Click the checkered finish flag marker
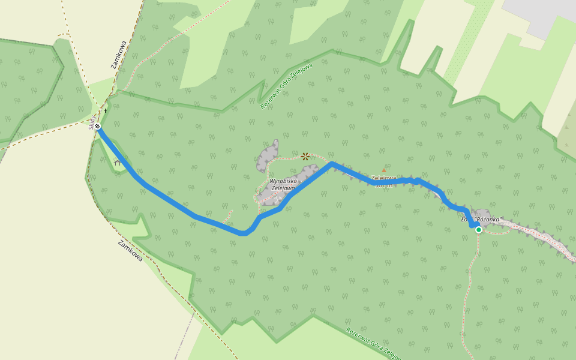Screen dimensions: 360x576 tap(97, 126)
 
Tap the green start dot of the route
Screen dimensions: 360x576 tap(479, 230)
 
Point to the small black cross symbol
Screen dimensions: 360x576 tap(106, 110)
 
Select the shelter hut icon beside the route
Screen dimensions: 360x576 tap(117, 162)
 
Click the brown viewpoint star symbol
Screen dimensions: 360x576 tap(305, 157)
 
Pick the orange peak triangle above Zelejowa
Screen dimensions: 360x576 tap(384, 170)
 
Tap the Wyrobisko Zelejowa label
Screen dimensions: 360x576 tap(282, 185)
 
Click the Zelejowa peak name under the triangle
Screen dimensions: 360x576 tap(383, 178)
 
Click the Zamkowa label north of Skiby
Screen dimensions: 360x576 tap(119, 55)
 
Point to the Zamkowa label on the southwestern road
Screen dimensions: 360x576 tap(130, 251)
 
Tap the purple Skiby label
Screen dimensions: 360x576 tap(92, 122)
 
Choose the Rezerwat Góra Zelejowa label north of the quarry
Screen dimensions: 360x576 tap(287, 86)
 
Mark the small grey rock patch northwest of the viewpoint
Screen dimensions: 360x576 tap(268, 156)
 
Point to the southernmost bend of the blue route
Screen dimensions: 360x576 tap(242, 233)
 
